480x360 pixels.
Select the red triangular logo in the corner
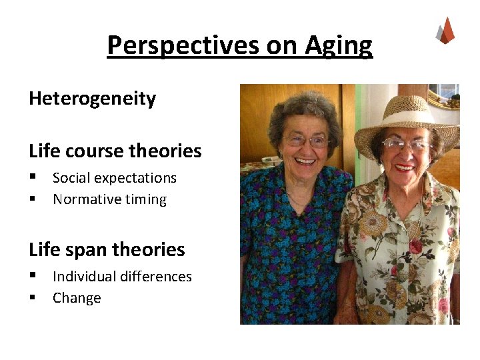[445, 31]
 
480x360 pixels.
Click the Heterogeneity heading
[92, 99]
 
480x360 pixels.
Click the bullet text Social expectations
[114, 178]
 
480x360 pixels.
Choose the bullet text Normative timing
[109, 199]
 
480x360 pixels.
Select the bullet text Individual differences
[122, 277]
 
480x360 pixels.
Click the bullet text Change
[77, 298]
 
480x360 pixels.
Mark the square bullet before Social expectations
[32, 178]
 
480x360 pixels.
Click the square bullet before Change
[32, 298]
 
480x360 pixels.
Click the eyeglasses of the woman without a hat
[306, 141]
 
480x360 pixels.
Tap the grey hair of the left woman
[303, 107]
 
